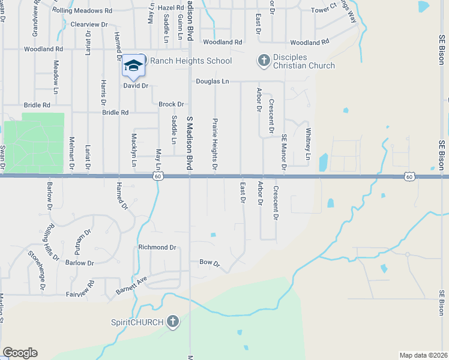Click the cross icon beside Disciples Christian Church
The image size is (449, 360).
pos(263,61)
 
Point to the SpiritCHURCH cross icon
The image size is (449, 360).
pos(173,322)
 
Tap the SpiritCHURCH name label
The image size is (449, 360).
pos(137,322)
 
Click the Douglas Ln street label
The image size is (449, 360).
pos(212,81)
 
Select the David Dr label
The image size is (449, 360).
pos(136,86)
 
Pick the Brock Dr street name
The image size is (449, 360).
pos(171,104)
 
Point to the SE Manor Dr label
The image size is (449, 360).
pos(285,152)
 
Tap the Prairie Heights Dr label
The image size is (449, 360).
pos(214,143)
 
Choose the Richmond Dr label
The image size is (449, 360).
pos(157,247)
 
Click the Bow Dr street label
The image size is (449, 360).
pos(209,263)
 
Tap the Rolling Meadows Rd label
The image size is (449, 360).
pos(82,11)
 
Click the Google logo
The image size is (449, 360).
pos(20,353)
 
